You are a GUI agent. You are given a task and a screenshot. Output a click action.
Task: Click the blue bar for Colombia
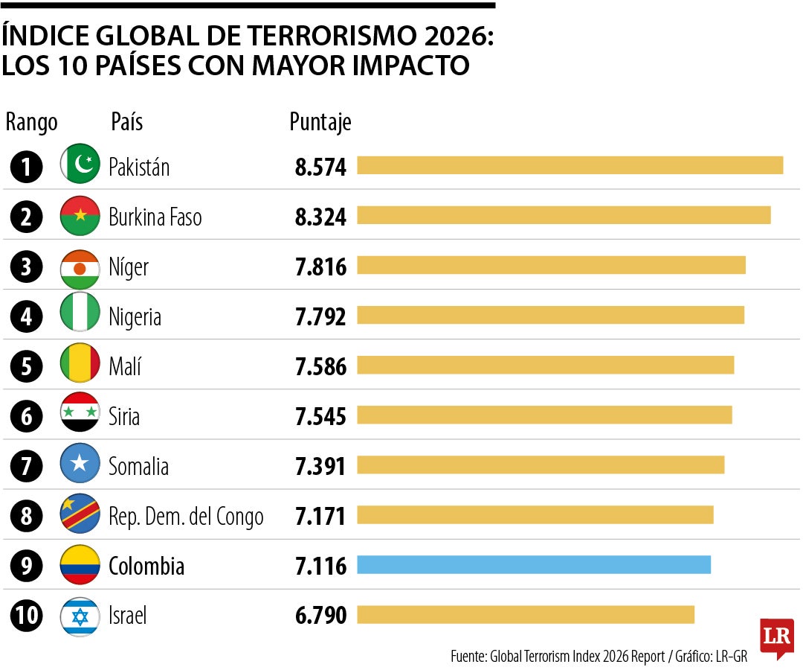click(x=534, y=565)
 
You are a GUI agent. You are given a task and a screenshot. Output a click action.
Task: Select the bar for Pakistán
click(x=570, y=165)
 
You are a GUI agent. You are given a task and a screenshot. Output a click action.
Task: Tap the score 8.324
click(x=320, y=217)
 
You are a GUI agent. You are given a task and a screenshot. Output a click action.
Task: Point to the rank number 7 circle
click(x=27, y=467)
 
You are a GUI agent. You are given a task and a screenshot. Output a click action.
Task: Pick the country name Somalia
click(x=138, y=467)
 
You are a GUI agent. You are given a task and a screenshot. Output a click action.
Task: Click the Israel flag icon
click(x=80, y=616)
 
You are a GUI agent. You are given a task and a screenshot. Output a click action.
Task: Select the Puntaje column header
click(x=320, y=122)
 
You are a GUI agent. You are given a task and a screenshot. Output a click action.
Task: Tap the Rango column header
click(x=31, y=122)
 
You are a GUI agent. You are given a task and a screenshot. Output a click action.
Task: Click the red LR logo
click(x=776, y=636)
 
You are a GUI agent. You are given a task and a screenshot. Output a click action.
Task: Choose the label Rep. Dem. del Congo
click(x=186, y=516)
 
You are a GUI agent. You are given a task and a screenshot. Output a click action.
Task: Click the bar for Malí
click(x=545, y=366)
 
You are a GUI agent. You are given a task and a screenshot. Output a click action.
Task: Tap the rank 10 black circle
click(x=27, y=616)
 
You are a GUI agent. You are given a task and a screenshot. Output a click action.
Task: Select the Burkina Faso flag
click(x=80, y=216)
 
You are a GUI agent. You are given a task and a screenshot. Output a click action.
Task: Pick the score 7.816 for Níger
click(x=320, y=267)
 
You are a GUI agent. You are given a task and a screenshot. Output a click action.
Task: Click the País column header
click(x=126, y=122)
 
